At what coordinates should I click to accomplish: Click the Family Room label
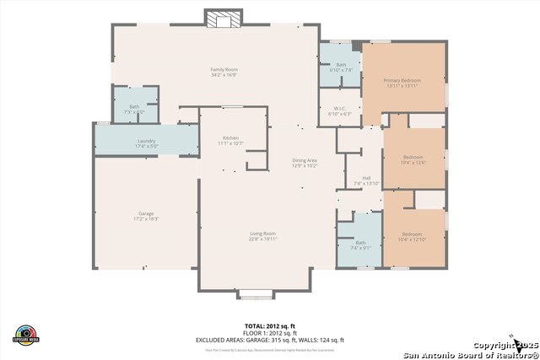pyautogui.click(x=224, y=72)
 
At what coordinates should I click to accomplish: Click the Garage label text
pyautogui.click(x=146, y=216)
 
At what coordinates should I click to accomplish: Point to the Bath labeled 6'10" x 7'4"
pyautogui.click(x=341, y=67)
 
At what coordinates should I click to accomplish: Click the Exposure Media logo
pyautogui.click(x=27, y=334)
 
